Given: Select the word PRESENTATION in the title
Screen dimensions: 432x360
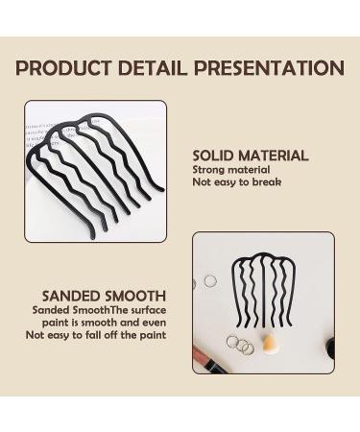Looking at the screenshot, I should coord(268,69).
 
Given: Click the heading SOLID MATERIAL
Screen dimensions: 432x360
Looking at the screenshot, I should coord(250,156).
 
